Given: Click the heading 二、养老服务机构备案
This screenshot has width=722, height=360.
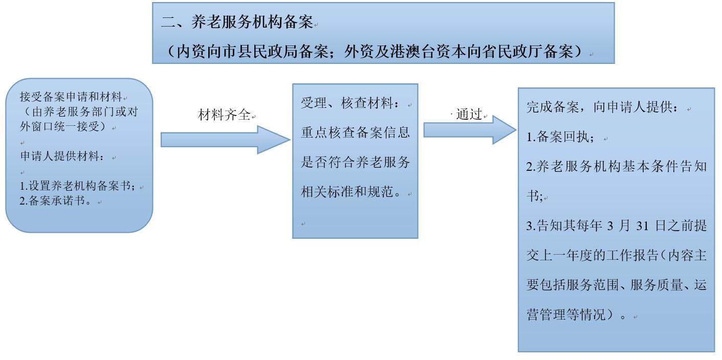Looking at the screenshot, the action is click(x=237, y=22).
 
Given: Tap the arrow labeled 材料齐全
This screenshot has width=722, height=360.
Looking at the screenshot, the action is click(x=226, y=140).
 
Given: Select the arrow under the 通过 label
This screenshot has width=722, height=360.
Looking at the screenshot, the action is click(x=470, y=130).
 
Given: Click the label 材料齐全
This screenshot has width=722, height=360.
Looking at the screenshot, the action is click(x=224, y=115).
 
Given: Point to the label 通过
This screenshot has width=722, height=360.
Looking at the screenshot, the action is click(x=469, y=114).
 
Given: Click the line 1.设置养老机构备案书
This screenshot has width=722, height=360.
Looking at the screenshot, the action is click(x=77, y=186).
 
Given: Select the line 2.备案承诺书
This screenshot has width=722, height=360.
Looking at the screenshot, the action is click(x=55, y=200).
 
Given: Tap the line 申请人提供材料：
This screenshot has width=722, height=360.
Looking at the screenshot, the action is click(x=62, y=156).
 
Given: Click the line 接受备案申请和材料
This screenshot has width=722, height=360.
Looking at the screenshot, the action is click(x=71, y=97).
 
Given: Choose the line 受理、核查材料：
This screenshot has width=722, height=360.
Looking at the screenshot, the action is click(x=350, y=103).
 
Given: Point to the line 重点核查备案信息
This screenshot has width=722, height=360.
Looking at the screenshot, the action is click(x=355, y=132).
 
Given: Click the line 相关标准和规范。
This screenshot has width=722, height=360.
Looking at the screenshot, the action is click(x=351, y=192).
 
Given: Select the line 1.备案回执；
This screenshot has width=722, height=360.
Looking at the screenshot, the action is click(x=560, y=137).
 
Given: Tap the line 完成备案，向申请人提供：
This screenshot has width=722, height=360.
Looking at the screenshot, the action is click(x=602, y=107).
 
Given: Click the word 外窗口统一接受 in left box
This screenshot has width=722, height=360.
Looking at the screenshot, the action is click(x=60, y=126).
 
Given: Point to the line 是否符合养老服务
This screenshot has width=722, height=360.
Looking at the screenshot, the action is click(x=355, y=162).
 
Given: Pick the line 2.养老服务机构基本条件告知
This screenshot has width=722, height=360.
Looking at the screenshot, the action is click(x=616, y=167).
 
